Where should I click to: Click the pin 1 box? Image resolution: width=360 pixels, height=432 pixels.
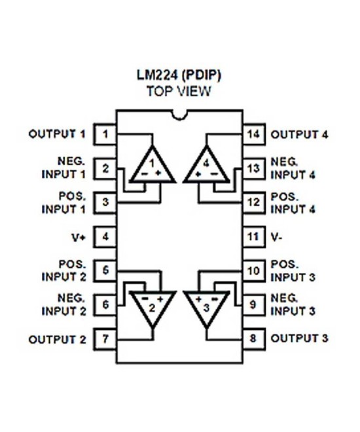(106, 135)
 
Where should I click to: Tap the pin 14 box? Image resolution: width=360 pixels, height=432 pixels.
(255, 135)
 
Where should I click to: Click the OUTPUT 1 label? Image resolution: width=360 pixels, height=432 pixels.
(57, 135)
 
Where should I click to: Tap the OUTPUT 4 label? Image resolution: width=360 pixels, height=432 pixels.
(299, 135)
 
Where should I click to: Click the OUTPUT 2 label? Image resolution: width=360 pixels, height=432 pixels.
(57, 339)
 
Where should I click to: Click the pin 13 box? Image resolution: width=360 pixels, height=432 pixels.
(255, 169)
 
